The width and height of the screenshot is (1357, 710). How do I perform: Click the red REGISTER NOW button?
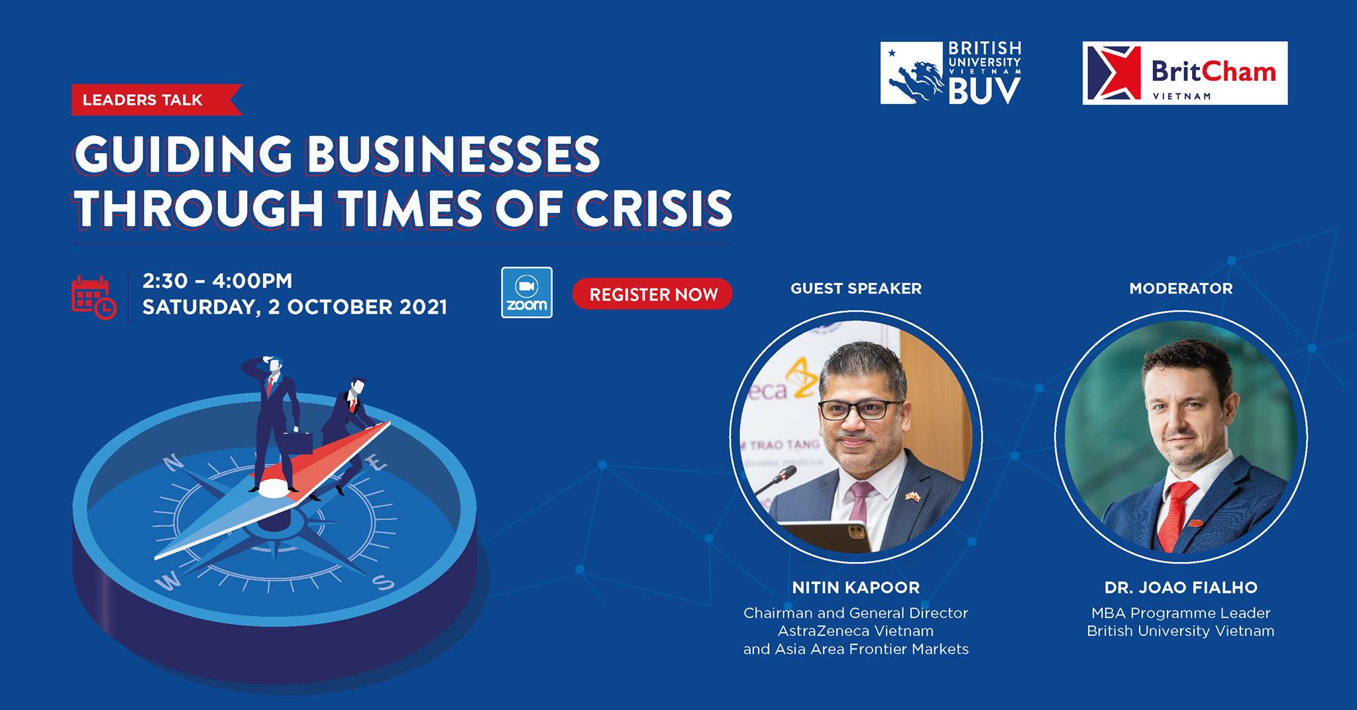click(x=652, y=294)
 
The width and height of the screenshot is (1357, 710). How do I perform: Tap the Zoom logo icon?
click(x=527, y=292)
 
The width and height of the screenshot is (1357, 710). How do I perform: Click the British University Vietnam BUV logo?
click(x=951, y=72)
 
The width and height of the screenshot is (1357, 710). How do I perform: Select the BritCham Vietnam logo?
click(x=1185, y=73)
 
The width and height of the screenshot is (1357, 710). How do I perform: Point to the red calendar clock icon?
click(x=93, y=297)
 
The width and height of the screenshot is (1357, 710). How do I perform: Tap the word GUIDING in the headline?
click(x=183, y=154)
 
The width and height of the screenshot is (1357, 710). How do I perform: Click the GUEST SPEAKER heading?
click(x=856, y=288)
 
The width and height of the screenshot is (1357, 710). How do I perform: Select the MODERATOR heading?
click(x=1181, y=288)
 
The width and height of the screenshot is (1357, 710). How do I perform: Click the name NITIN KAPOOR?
click(x=856, y=587)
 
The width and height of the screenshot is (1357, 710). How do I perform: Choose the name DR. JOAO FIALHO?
click(x=1181, y=587)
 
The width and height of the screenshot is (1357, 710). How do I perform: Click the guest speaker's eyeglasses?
click(x=859, y=410)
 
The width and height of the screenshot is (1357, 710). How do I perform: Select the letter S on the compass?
click(x=382, y=582)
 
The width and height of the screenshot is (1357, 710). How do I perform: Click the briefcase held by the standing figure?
click(x=298, y=443)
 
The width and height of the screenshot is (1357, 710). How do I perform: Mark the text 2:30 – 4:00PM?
click(x=217, y=281)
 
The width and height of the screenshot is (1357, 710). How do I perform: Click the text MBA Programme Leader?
click(x=1181, y=613)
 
